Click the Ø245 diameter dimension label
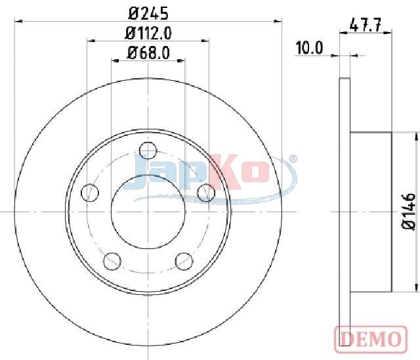(x=148, y=13)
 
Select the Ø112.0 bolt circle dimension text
(x=148, y=34)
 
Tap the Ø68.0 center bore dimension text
(x=148, y=53)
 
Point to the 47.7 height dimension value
(x=366, y=26)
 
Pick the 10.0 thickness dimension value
(x=309, y=48)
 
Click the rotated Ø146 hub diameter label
(x=409, y=212)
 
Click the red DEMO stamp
(x=371, y=339)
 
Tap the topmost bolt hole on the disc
(x=148, y=150)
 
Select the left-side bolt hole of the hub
(x=90, y=192)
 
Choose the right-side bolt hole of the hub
(x=206, y=192)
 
